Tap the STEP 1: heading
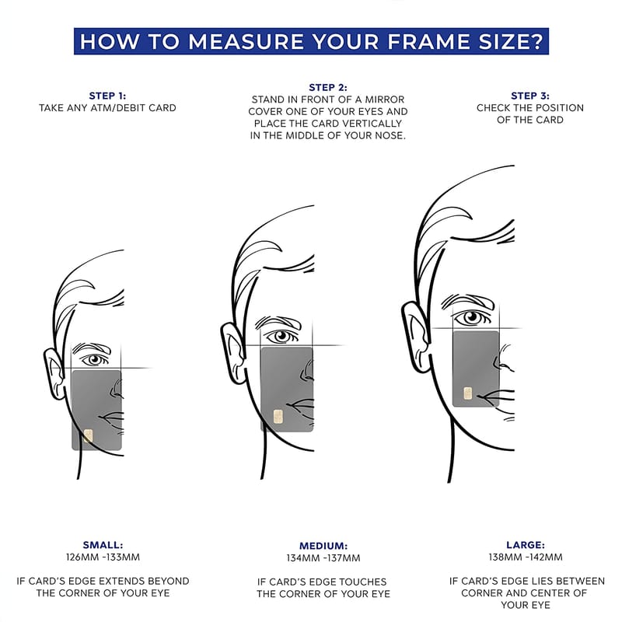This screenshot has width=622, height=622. tap(107, 96)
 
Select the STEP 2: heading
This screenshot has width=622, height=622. tap(328, 87)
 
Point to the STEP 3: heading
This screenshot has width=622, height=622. tap(530, 96)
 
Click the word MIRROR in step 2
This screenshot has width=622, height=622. tap(384, 100)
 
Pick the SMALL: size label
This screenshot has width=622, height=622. tap(103, 545)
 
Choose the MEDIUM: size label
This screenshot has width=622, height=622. tap(323, 546)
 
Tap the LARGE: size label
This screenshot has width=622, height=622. tap(526, 545)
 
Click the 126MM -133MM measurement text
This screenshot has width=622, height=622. tap(103, 557)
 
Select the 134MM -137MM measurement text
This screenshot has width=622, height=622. tap(323, 557)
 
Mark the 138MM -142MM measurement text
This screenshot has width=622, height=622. tap(526, 557)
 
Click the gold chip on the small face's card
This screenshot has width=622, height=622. tap(88, 436)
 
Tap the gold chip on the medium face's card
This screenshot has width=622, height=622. tap(278, 417)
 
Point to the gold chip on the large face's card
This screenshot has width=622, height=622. tap(468, 393)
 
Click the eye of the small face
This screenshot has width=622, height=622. tap(95, 360)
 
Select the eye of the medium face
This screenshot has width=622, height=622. tap(282, 337)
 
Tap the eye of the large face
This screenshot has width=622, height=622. tap(472, 317)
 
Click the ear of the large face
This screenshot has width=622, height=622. tap(416, 337)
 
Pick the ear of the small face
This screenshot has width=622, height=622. tap(54, 373)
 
